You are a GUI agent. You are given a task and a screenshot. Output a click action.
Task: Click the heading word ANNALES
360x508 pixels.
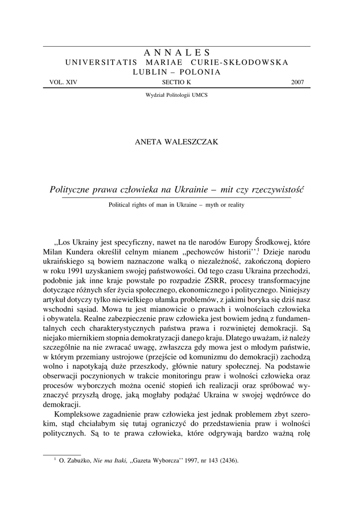[x=177, y=53]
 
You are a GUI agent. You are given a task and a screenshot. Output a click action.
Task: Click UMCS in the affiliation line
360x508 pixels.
[x=200, y=94]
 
